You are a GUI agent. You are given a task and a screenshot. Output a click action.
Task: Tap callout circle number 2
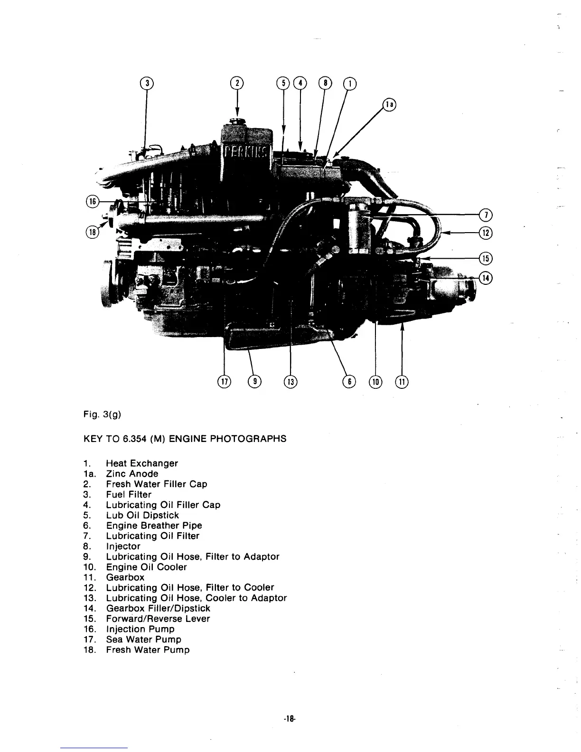pyautogui.click(x=236, y=83)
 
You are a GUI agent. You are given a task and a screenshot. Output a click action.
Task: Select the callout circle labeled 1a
pyautogui.click(x=390, y=105)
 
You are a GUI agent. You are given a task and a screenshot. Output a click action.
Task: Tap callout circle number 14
pyautogui.click(x=486, y=278)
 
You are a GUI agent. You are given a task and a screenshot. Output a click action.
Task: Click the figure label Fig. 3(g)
pyautogui.click(x=102, y=414)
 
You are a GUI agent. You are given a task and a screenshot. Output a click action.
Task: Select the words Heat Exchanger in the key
pyautogui.click(x=142, y=463)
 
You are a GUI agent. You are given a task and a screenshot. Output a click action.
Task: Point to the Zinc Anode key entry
pyautogui.click(x=132, y=474)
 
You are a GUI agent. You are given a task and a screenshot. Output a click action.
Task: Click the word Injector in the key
pyautogui.click(x=123, y=546)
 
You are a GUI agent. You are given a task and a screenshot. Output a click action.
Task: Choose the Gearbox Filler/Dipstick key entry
pyautogui.click(x=158, y=609)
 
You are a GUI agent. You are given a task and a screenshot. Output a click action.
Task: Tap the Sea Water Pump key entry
pyautogui.click(x=143, y=639)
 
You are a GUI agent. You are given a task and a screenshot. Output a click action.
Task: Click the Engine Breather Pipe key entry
pyautogui.click(x=154, y=526)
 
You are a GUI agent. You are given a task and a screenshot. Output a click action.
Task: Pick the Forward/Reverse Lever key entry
pyautogui.click(x=158, y=619)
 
